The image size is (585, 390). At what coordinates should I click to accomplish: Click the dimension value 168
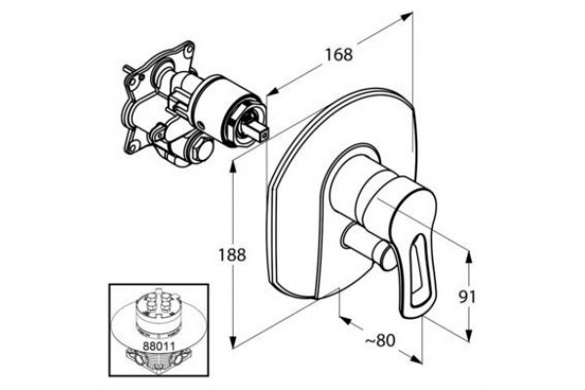click(x=338, y=55)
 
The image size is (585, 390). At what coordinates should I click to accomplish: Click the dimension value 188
click(x=232, y=254)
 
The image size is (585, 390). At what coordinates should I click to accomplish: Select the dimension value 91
click(x=467, y=297)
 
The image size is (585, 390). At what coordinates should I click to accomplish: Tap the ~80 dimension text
click(x=379, y=340)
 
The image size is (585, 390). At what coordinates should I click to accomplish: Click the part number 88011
click(x=159, y=345)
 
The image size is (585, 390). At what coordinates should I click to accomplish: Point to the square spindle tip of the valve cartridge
click(x=260, y=133)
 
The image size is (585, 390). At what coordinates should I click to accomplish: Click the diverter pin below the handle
click(x=366, y=247)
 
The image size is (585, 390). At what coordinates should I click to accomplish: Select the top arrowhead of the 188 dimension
click(x=233, y=167)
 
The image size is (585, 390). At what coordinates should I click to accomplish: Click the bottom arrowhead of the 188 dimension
click(x=233, y=342)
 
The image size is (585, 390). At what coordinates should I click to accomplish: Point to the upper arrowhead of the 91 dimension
click(x=469, y=257)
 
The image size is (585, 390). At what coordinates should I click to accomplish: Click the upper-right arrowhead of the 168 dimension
click(x=407, y=16)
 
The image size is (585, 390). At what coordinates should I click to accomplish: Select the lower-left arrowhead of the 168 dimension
click(x=275, y=92)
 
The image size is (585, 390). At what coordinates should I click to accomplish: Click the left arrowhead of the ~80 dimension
click(x=345, y=321)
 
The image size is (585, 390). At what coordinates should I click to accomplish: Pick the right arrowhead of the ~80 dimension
click(x=415, y=359)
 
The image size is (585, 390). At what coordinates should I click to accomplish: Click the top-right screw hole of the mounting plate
click(x=189, y=49)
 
